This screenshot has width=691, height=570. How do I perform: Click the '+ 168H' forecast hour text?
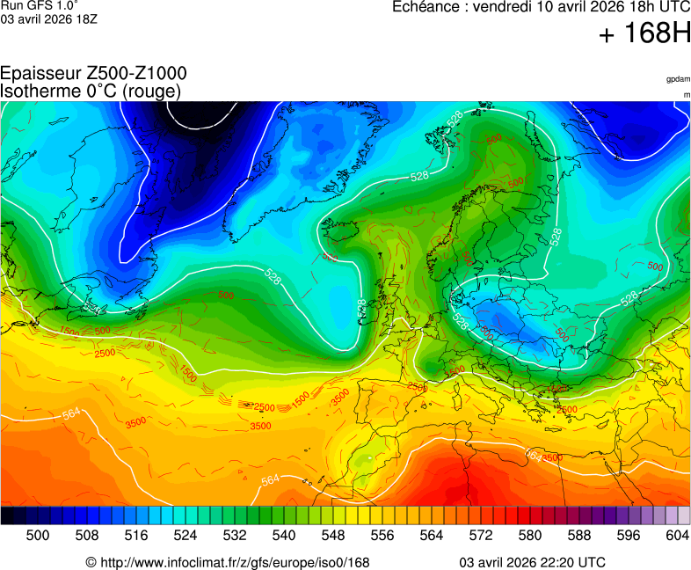(x=644, y=35)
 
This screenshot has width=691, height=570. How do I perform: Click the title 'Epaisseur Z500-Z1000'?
(x=93, y=74)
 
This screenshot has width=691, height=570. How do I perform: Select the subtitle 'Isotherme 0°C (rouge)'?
(x=91, y=91)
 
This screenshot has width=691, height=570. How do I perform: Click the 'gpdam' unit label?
(x=678, y=79)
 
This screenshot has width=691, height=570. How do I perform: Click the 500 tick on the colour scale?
(x=37, y=535)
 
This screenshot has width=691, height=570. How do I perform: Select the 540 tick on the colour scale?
(x=283, y=535)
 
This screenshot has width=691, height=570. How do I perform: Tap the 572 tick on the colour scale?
(x=480, y=535)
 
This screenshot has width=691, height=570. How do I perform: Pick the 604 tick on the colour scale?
(x=677, y=535)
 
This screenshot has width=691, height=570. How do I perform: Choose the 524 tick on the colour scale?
(x=185, y=535)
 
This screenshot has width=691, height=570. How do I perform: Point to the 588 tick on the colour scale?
(x=578, y=535)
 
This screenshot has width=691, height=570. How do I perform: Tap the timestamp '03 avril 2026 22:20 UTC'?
(x=532, y=562)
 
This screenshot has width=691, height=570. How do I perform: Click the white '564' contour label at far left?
(x=71, y=414)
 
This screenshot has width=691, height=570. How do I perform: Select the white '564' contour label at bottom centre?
(x=271, y=479)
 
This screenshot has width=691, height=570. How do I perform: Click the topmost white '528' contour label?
(x=455, y=119)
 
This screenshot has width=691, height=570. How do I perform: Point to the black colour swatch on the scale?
(x=7, y=515)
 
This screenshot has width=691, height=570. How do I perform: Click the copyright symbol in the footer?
(x=91, y=562)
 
